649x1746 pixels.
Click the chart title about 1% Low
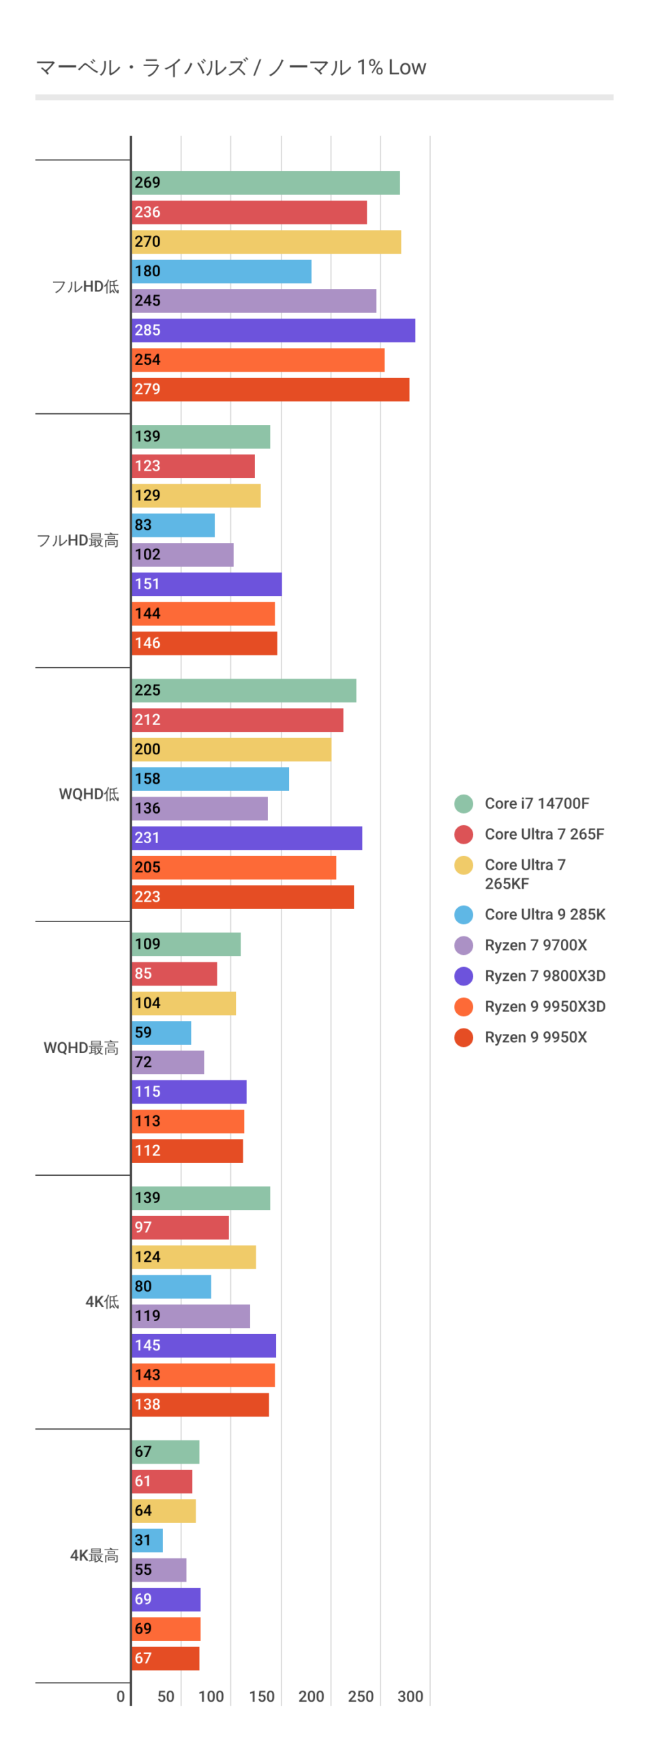(x=230, y=68)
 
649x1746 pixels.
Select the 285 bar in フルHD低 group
(x=273, y=330)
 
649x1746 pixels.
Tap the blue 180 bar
(x=221, y=271)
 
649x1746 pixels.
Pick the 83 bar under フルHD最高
(x=173, y=525)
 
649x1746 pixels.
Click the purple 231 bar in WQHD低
(x=246, y=838)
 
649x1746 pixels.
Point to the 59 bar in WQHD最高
(x=161, y=1033)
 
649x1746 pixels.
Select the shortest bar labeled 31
(x=147, y=1540)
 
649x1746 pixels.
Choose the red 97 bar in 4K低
(x=180, y=1228)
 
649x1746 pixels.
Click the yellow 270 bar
(x=266, y=242)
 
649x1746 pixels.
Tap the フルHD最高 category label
(x=78, y=540)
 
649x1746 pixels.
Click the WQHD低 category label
(x=89, y=794)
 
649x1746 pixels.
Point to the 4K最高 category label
(x=94, y=1555)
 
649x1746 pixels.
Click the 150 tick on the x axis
(x=262, y=1696)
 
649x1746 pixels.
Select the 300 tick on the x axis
(x=410, y=1696)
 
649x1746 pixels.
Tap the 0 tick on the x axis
(x=121, y=1696)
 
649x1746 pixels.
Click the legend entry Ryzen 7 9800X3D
(x=545, y=976)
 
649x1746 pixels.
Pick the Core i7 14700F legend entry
(x=537, y=803)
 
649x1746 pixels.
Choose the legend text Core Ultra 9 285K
(x=545, y=915)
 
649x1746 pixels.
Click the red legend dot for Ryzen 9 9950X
(x=464, y=1037)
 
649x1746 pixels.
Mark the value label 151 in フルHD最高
(x=147, y=584)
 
